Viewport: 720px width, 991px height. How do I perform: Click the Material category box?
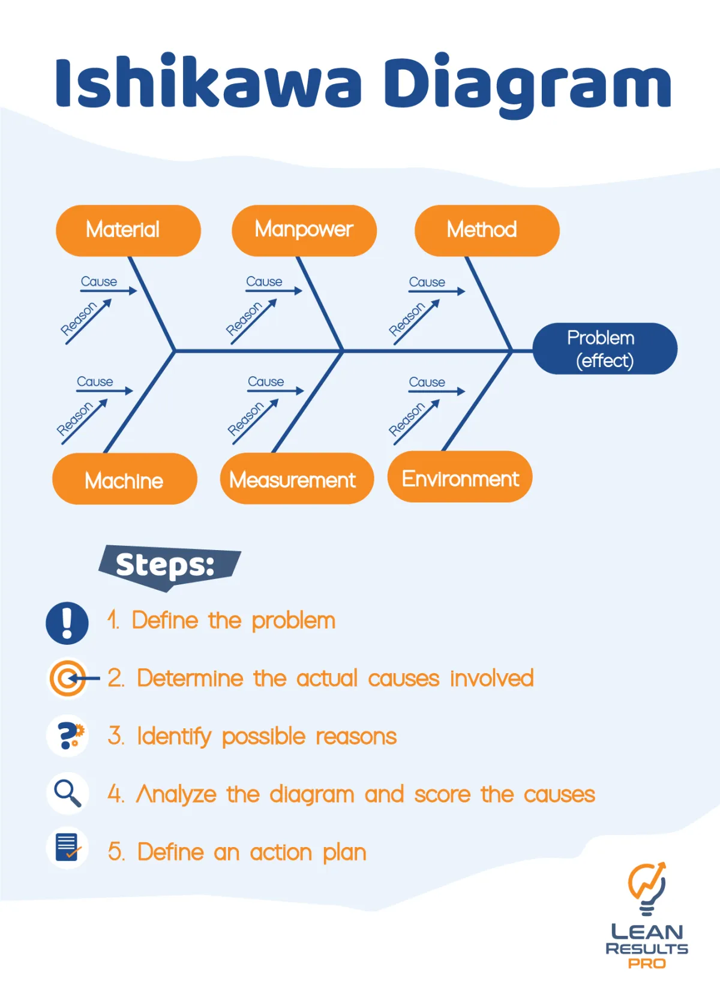pos(128,230)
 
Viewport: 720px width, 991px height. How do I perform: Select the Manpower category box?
pos(304,230)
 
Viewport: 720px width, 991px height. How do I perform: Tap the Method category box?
pos(487,230)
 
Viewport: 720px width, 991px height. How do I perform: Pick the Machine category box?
pos(124,479)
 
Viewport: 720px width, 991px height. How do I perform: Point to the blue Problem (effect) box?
pos(604,349)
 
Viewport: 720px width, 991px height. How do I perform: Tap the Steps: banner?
pos(167,566)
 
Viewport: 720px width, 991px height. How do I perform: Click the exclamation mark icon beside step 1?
pos(67,623)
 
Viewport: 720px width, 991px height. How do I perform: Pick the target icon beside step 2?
pos(68,678)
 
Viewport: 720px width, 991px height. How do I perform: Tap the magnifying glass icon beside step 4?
pos(68,794)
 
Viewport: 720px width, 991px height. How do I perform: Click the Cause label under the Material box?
pos(99,281)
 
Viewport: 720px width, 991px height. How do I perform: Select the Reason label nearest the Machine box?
pos(75,419)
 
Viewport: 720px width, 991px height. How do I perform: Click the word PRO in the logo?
pos(647,963)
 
